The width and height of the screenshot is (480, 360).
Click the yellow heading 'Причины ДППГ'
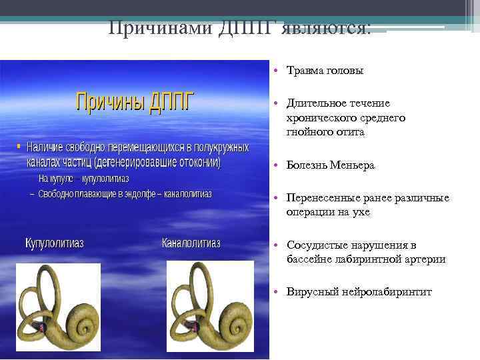(x=134, y=102)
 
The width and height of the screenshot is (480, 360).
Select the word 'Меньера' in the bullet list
(x=351, y=165)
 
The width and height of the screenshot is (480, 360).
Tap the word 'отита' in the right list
(x=351, y=132)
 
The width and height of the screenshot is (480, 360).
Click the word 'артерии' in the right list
(x=426, y=259)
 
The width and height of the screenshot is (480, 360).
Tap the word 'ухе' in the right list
(x=361, y=212)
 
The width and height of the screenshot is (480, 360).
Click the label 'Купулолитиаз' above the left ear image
(x=54, y=243)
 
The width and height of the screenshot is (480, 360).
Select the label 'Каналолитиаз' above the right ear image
(x=191, y=243)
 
